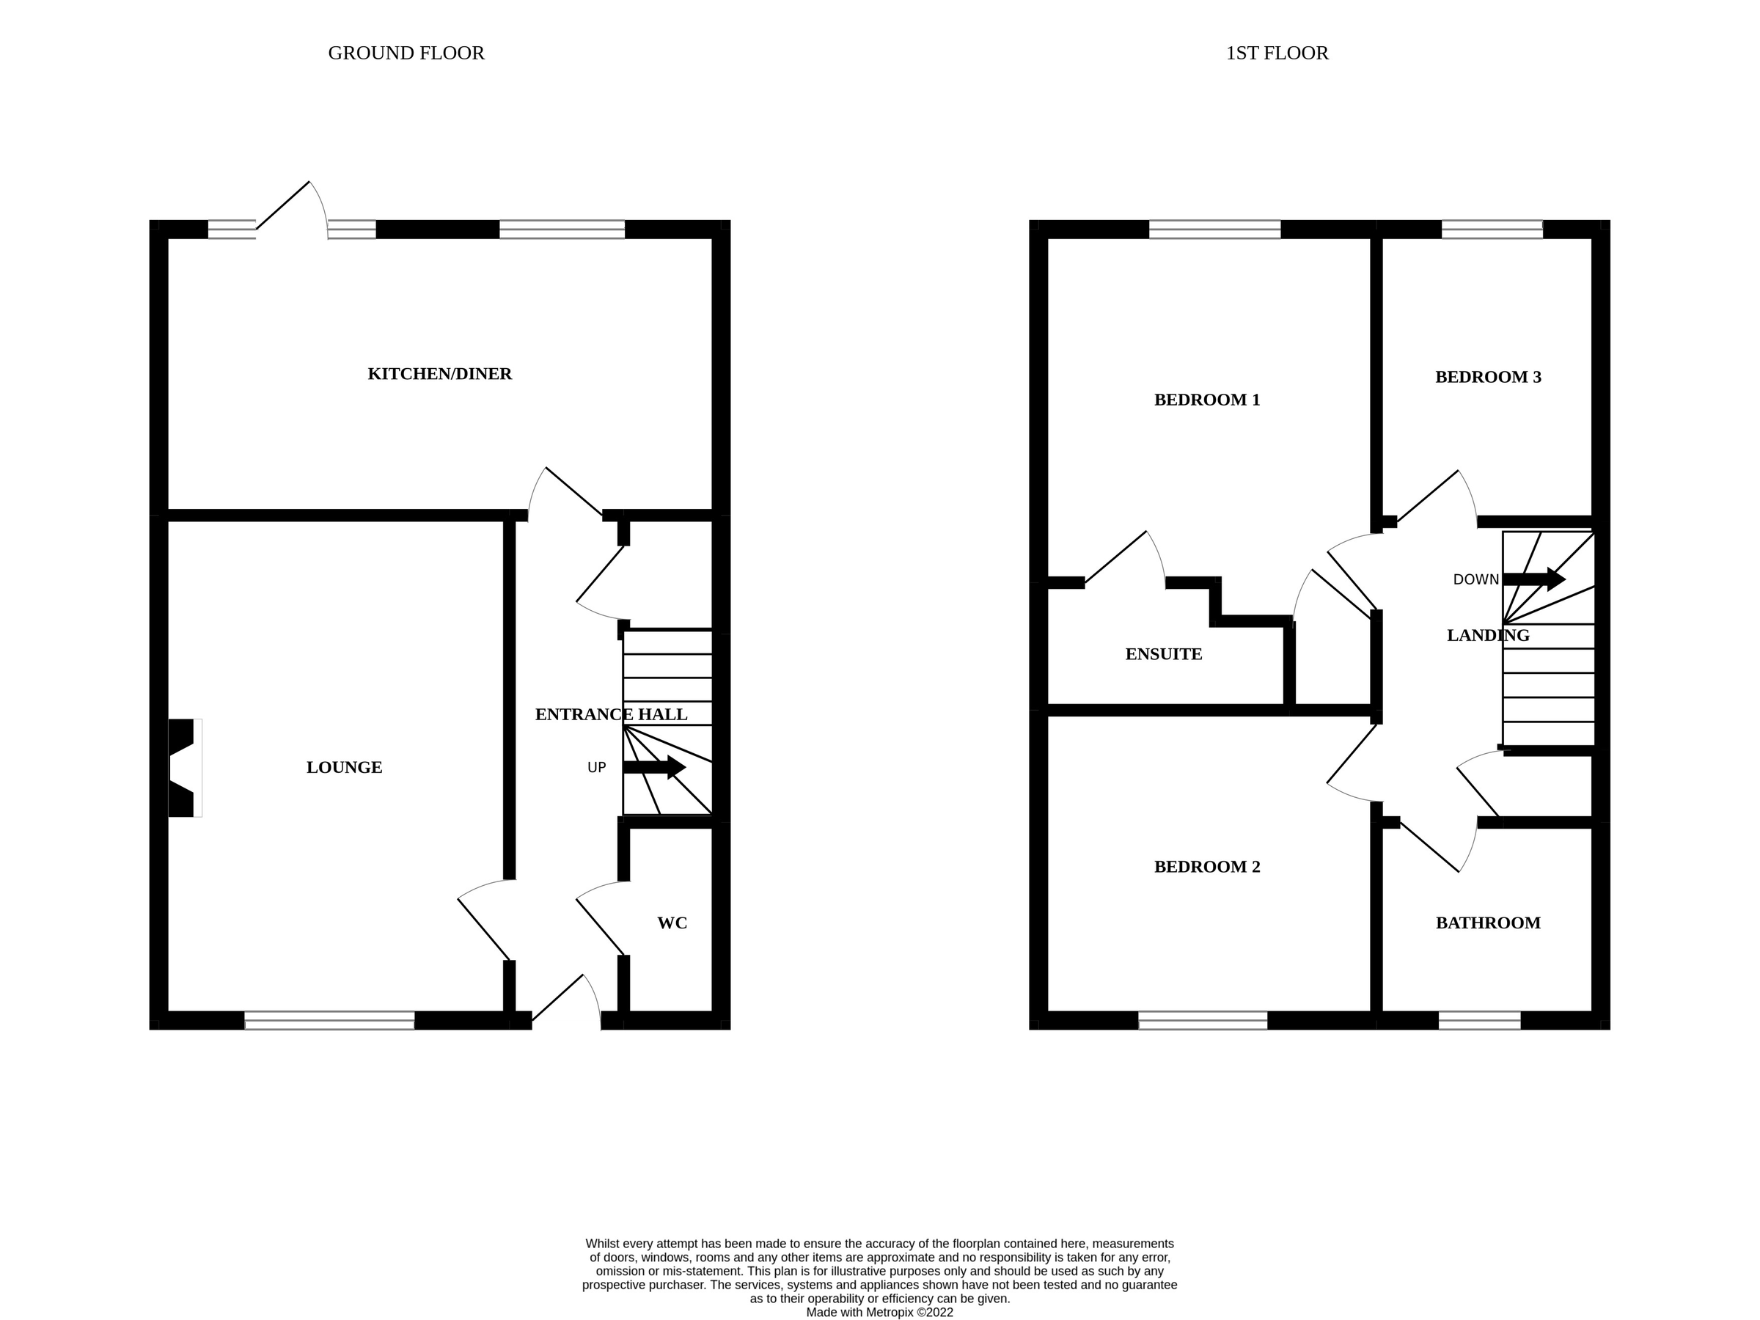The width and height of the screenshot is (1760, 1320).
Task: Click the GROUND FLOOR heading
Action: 406,54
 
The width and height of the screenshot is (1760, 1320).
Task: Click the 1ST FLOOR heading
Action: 1276,54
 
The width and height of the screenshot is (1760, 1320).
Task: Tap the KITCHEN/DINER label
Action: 439,374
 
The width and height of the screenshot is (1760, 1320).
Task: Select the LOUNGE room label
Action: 344,767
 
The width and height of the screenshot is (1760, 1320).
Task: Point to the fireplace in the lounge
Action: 184,767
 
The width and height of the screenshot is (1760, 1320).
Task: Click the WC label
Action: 672,923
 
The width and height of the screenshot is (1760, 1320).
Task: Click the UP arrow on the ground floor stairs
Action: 654,767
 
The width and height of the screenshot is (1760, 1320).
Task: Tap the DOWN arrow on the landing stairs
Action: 1533,579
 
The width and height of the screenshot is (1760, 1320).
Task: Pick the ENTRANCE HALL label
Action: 610,714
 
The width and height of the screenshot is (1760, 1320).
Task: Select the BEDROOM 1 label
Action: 1206,400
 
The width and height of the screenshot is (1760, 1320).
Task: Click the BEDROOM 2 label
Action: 1206,867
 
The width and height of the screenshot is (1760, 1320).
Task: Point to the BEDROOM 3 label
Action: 1487,377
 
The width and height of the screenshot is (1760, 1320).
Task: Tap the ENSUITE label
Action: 1163,654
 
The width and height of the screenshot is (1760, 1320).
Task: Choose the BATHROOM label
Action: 1487,923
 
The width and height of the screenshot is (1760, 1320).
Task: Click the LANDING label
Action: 1487,635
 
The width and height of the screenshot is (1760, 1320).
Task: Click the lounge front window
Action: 329,1020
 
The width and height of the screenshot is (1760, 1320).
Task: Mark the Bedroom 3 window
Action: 1491,229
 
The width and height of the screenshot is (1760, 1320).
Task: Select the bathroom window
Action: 1478,1020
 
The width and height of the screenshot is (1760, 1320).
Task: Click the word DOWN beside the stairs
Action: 1475,579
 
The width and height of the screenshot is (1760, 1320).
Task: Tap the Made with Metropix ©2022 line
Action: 879,1313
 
